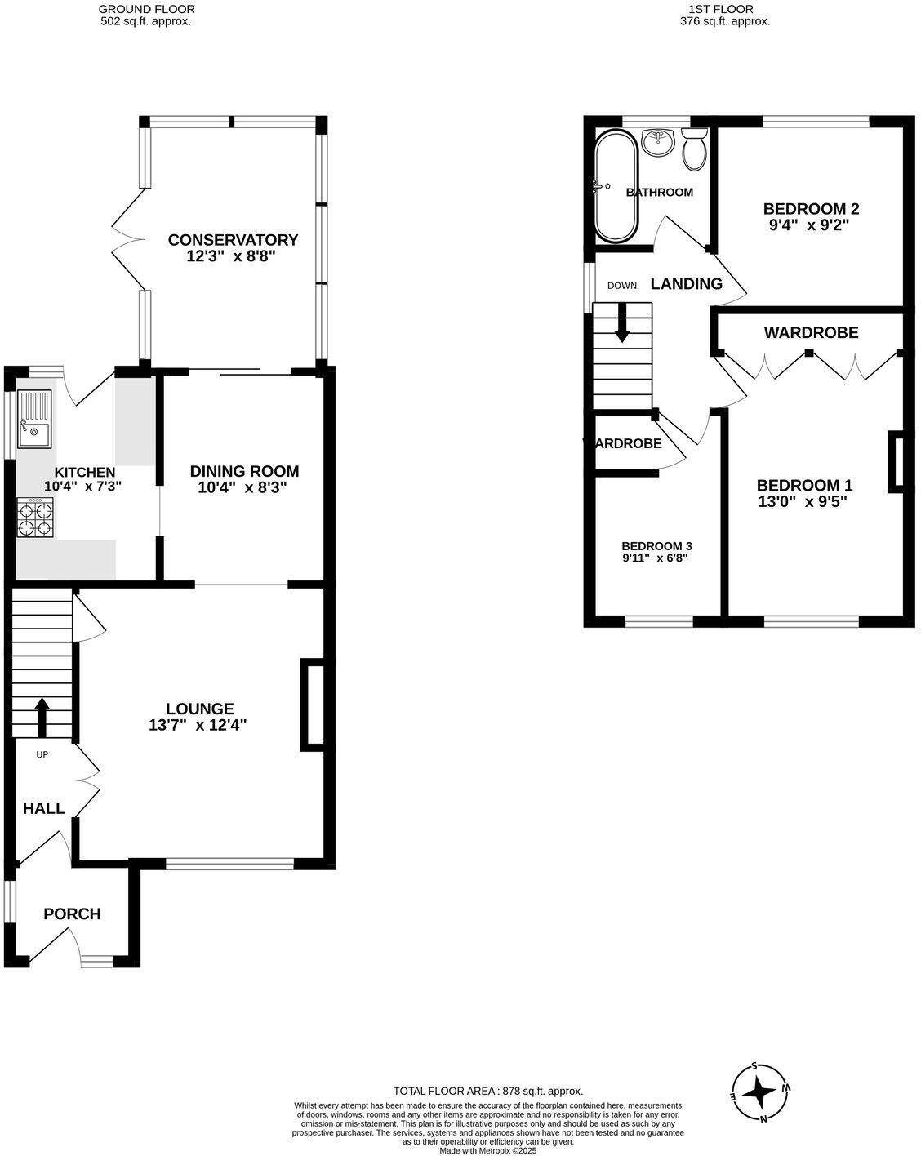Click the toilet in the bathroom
pos(694,149)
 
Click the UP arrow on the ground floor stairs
pos(41,716)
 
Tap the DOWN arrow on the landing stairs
pos(622,322)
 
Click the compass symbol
pos(761,1092)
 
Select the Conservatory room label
pos(233,239)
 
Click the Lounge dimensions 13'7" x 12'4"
pos(198,724)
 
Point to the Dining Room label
pos(244,471)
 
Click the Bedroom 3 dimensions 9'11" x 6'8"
pos(656,559)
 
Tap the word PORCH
pos(72,914)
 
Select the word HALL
pos(44,808)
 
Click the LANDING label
pos(686,284)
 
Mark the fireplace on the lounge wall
pos(314,705)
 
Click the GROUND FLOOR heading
pos(146,9)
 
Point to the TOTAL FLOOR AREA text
pos(487,1091)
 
